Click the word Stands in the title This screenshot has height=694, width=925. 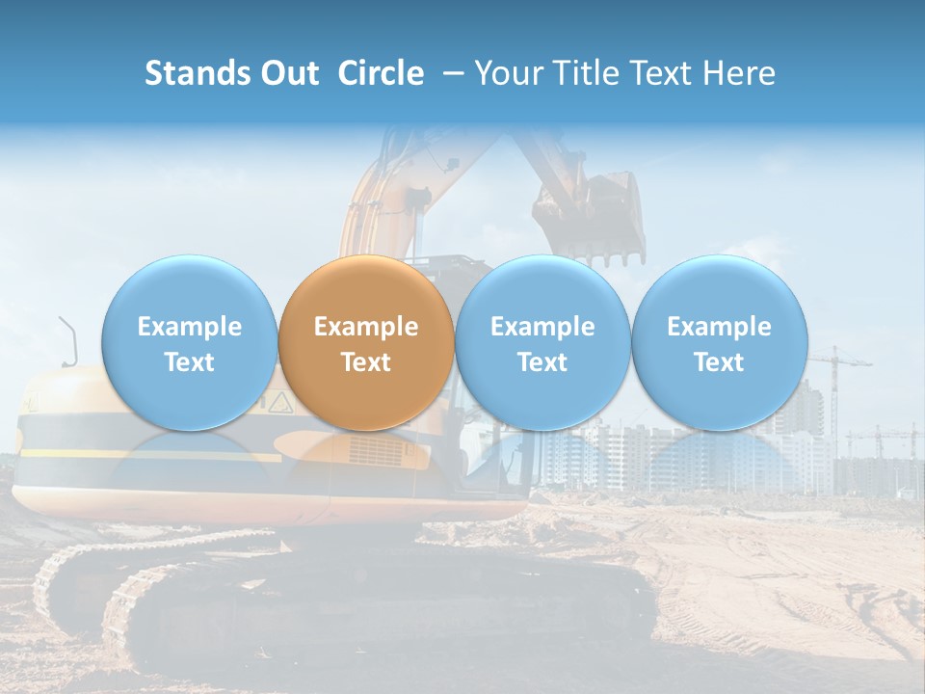pos(198,73)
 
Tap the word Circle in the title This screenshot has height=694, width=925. pos(381,73)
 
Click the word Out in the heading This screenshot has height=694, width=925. pos(290,73)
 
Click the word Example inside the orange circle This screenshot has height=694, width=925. pos(366,327)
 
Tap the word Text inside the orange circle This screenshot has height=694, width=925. pos(366,362)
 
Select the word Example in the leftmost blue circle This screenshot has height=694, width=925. pos(190,327)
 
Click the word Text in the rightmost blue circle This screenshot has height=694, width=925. pos(719,362)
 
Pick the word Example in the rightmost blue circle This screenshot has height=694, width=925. pos(719,327)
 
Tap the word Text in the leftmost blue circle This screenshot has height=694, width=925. pos(190,362)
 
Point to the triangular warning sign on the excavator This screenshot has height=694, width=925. pos(279,400)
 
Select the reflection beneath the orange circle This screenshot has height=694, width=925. pos(366,463)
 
